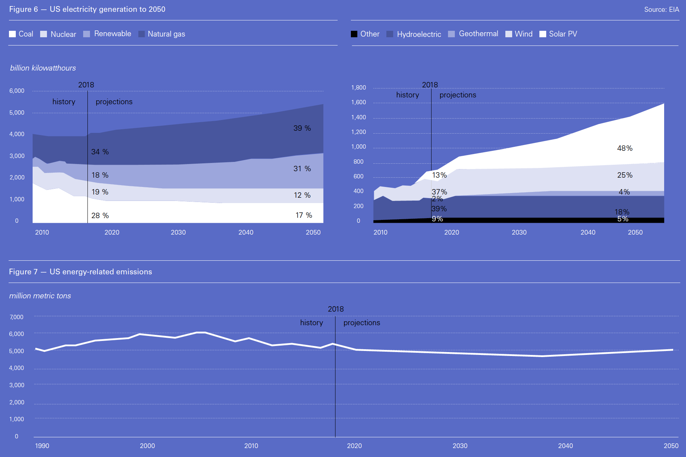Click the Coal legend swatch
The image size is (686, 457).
tap(12, 34)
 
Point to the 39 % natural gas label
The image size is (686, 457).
tap(302, 128)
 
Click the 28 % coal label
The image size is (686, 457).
tap(100, 216)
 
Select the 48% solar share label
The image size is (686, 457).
tap(624, 148)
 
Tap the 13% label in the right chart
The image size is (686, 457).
tap(439, 175)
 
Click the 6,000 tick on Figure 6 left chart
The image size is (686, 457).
tap(17, 91)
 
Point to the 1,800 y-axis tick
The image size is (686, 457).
tap(358, 88)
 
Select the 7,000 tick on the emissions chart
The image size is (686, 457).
tap(16, 317)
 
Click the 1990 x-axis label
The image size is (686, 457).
tap(42, 446)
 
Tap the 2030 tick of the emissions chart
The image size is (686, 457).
tap(460, 446)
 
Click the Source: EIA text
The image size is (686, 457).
tap(661, 10)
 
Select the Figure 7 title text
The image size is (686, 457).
tap(80, 272)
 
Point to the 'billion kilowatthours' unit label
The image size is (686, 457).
tap(43, 68)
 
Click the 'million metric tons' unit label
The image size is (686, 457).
tap(40, 296)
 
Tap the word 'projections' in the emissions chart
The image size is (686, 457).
tap(362, 323)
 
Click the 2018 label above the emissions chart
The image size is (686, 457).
tap(335, 309)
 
